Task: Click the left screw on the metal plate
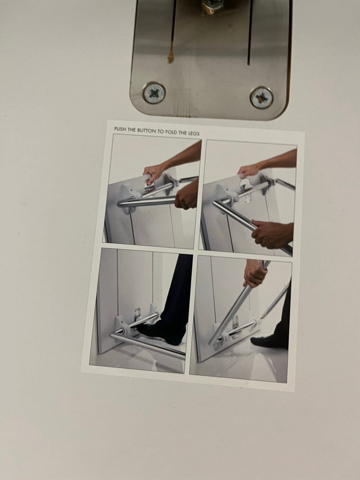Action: point(154,93)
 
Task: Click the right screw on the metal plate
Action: point(262,97)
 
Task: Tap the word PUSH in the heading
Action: point(120,129)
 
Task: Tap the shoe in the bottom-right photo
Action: point(269,341)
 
